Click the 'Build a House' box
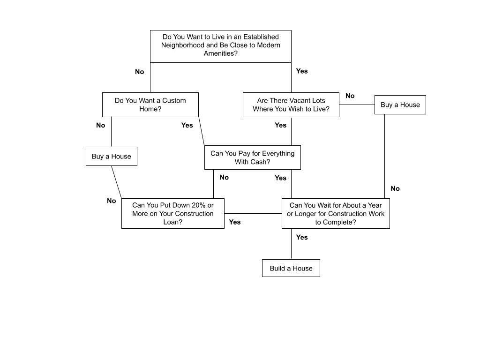pyautogui.click(x=291, y=268)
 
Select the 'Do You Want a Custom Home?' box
pyautogui.click(x=150, y=105)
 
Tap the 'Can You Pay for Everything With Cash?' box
pyautogui.click(x=252, y=157)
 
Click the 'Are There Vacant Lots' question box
pyautogui.click(x=291, y=105)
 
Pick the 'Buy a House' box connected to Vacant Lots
pyautogui.click(x=400, y=105)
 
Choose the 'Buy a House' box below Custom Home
pyautogui.click(x=111, y=156)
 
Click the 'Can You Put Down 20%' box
pyautogui.click(x=172, y=213)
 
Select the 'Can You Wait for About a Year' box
pyautogui.click(x=335, y=213)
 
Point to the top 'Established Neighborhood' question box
pyautogui.click(x=220, y=46)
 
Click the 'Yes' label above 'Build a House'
pyautogui.click(x=302, y=237)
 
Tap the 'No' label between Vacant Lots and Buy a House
pyautogui.click(x=350, y=96)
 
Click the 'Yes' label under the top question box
pyautogui.click(x=302, y=71)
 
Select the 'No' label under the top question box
pyautogui.click(x=139, y=72)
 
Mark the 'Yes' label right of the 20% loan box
pyautogui.click(x=234, y=222)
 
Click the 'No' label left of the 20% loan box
pyautogui.click(x=111, y=201)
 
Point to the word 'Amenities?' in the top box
pyautogui.click(x=220, y=53)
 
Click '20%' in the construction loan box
pyautogui.click(x=199, y=205)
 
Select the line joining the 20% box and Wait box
pyautogui.click(x=253, y=214)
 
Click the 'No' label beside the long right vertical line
pyautogui.click(x=395, y=188)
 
